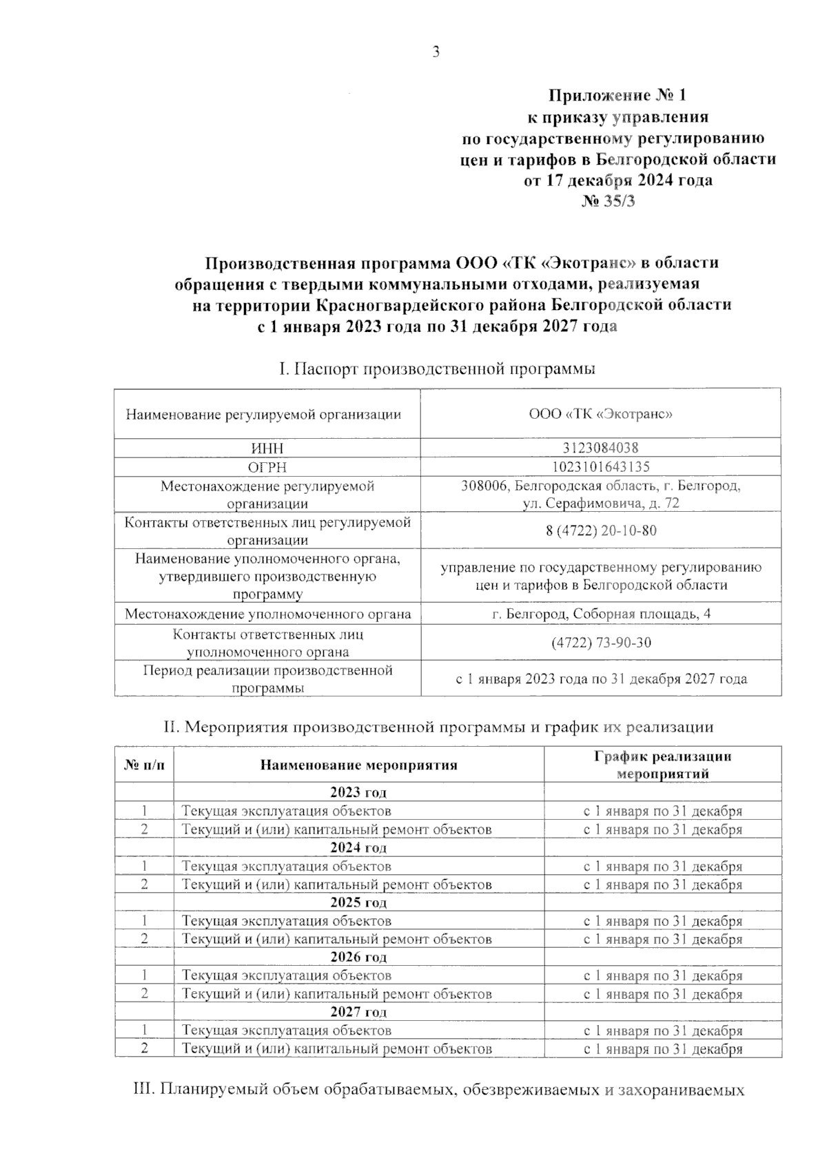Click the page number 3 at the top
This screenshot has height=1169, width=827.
tap(436, 52)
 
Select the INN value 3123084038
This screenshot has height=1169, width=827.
tap(600, 448)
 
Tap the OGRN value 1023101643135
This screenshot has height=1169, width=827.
tap(600, 466)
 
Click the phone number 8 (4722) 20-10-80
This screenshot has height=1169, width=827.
tap(600, 530)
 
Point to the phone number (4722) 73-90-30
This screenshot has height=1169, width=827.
tap(601, 643)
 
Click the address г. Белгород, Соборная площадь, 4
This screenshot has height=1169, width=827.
tap(601, 614)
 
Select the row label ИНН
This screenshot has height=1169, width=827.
tap(267, 448)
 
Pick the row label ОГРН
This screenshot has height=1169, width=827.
tap(267, 466)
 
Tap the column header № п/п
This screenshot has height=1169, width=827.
tap(144, 765)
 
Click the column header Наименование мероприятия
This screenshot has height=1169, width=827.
tap(358, 765)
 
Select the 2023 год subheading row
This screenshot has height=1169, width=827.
tap(358, 792)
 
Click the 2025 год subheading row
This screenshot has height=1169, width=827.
tap(358, 902)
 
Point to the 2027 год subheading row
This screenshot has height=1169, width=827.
tap(358, 1012)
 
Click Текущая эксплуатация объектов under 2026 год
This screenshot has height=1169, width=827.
tap(286, 975)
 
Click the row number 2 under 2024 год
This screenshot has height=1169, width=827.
tap(144, 884)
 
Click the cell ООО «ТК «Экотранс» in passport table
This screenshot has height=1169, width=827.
tap(600, 414)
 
